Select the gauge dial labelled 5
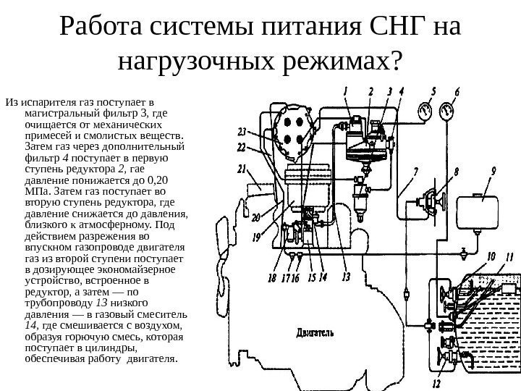click(x=425, y=111)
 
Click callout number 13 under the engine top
click(x=345, y=276)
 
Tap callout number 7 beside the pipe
click(x=415, y=172)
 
